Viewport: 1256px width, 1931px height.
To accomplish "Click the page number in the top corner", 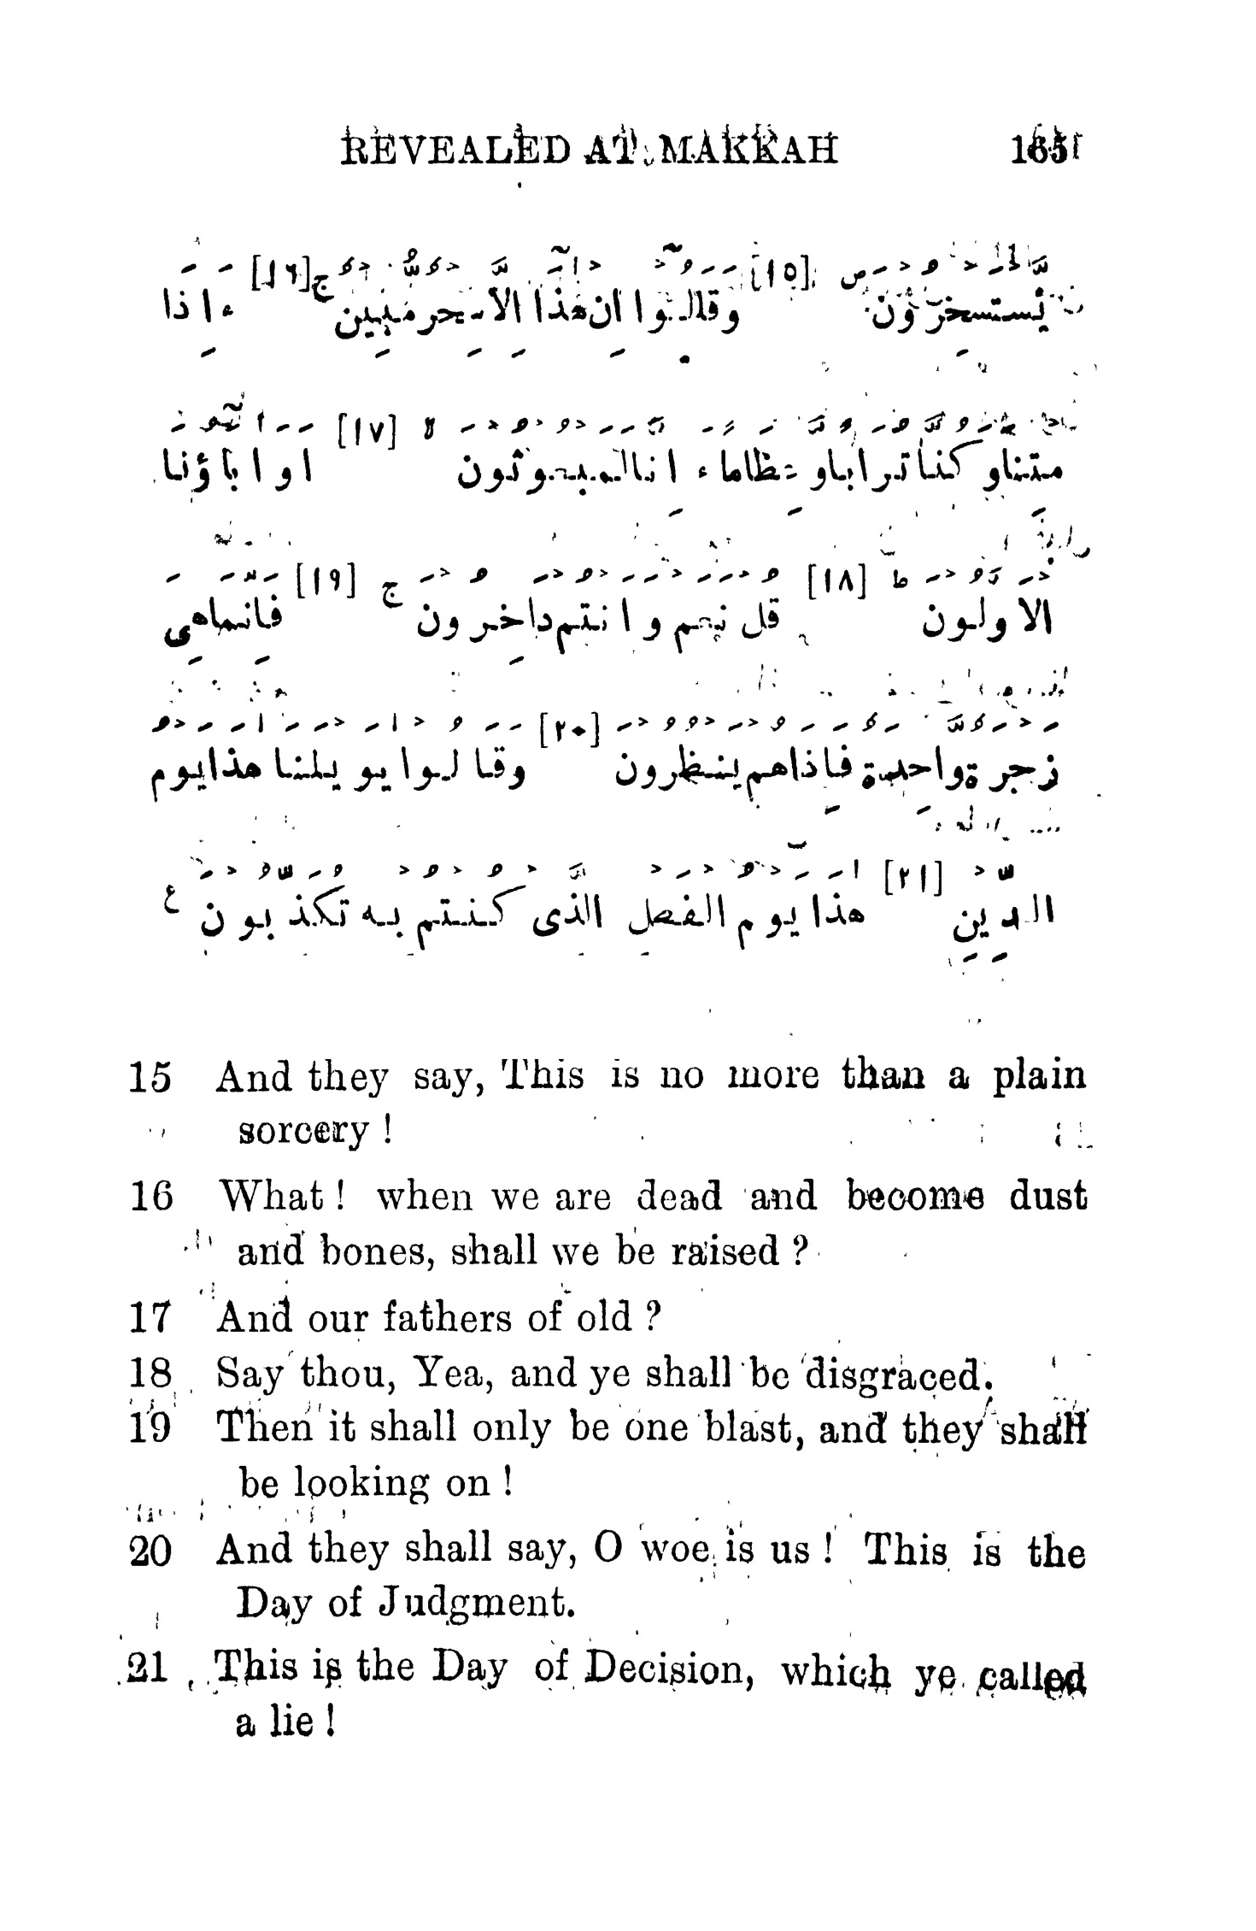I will [1036, 147].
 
